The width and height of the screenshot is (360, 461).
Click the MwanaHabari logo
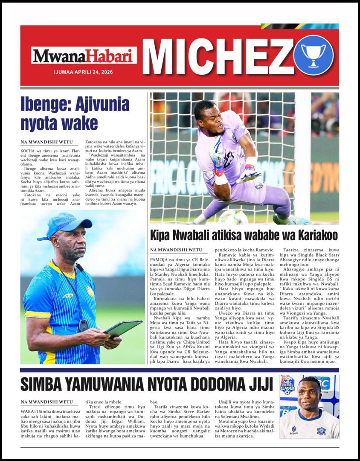84,55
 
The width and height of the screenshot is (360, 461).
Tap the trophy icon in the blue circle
314,55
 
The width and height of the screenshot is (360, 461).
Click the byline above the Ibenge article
46,142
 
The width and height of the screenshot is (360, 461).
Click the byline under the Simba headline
46,402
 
